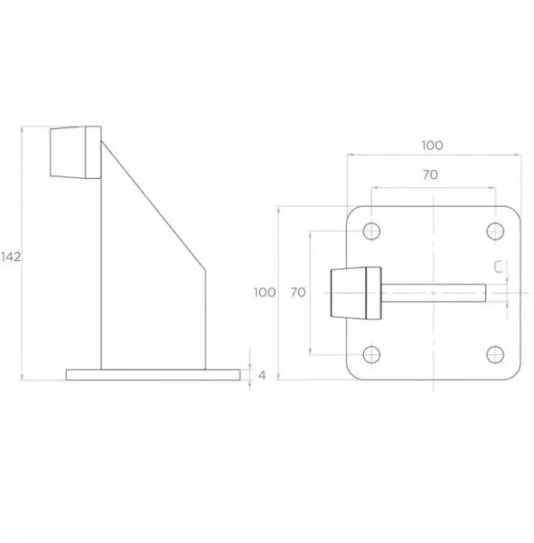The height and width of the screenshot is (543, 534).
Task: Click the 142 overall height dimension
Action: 11,256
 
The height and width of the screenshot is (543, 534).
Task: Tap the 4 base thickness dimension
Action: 262,375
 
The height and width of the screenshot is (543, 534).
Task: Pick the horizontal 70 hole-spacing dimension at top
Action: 430,176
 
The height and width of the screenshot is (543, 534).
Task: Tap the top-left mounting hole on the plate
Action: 372,231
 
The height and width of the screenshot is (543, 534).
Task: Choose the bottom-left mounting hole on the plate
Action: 372,355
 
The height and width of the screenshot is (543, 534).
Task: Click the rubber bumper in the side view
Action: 75,152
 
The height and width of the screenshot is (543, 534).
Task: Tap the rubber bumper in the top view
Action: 354,292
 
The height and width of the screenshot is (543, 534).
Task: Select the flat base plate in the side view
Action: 152,375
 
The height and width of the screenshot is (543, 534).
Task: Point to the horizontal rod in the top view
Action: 436,292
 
